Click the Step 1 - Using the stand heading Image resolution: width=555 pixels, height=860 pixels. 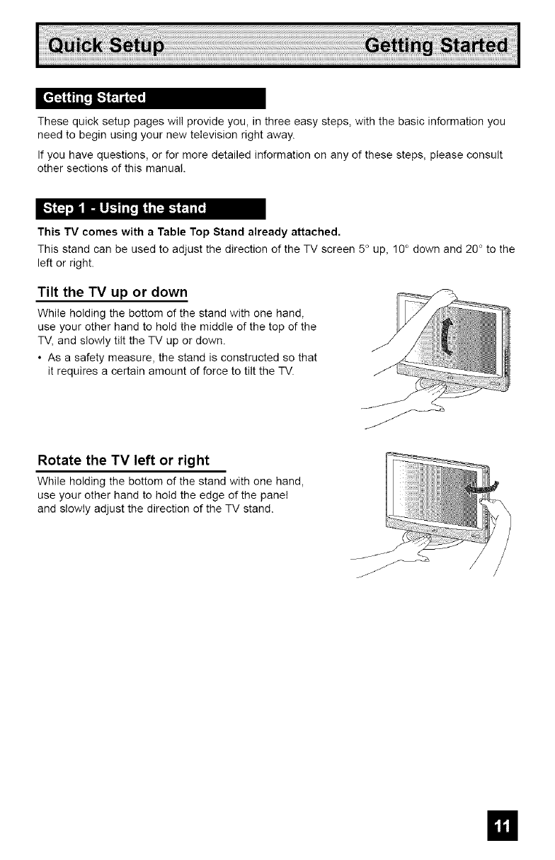pos(125,208)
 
